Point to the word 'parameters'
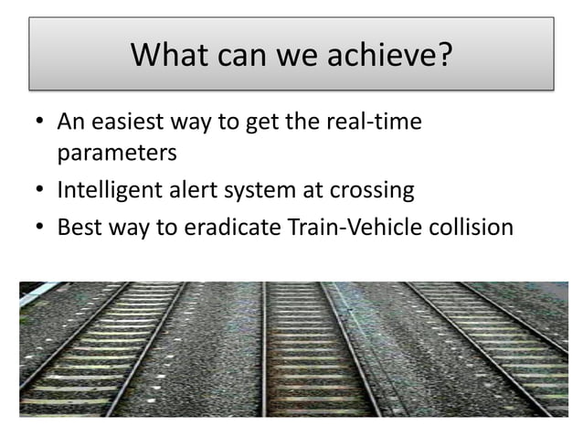pyautogui.click(x=116, y=152)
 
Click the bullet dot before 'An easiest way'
pyautogui.click(x=37, y=123)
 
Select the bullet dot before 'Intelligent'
pyautogui.click(x=37, y=192)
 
